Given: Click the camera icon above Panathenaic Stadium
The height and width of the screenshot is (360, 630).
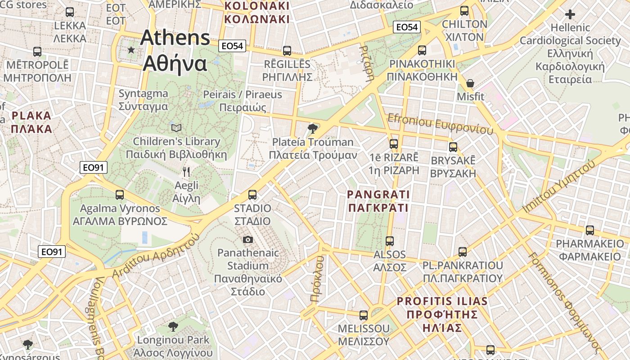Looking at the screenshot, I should (x=248, y=239).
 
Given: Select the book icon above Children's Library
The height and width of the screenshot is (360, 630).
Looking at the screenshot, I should (x=176, y=128).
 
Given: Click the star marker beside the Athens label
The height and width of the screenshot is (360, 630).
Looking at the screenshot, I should (x=131, y=50).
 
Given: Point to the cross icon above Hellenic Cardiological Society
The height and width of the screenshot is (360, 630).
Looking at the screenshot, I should (x=570, y=14).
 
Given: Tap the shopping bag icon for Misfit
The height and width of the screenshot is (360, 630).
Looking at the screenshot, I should (x=470, y=83).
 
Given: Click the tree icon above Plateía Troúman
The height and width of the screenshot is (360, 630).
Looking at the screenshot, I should (x=312, y=129).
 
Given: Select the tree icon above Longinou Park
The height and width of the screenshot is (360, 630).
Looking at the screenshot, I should (x=173, y=326).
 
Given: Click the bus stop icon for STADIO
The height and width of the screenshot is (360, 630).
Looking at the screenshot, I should (x=252, y=195).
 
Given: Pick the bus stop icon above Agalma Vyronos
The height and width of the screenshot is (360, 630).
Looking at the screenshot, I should (x=120, y=195).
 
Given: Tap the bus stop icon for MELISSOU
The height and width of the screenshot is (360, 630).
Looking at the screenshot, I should (x=364, y=315).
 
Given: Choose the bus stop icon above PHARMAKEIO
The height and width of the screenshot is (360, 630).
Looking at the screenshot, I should (x=589, y=230).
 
